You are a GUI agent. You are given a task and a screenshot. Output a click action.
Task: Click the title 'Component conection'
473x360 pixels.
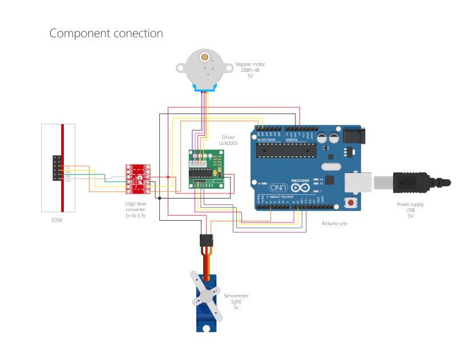tap(106, 34)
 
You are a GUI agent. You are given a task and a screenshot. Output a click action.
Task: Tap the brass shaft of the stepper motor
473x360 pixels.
tap(204, 58)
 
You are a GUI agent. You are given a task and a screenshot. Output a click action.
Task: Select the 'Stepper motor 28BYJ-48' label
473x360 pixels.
tap(250, 70)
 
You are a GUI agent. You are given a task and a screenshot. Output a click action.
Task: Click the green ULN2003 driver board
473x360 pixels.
tap(206, 169)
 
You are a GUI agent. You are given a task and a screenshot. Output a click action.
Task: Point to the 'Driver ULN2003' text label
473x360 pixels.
tap(228, 140)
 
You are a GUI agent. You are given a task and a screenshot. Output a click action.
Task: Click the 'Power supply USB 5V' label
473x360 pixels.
tap(410, 210)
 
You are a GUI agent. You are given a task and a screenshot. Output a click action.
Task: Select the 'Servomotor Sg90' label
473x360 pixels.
tap(235, 302)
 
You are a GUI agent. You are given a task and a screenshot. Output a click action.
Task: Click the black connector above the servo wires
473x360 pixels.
tap(207, 240)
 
